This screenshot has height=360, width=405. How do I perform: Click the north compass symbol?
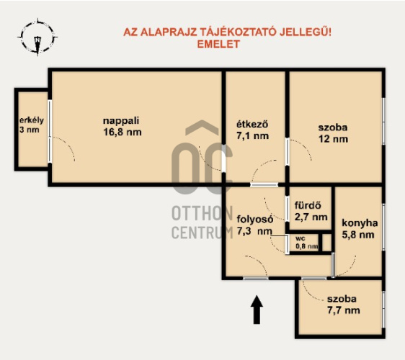(x=37, y=37)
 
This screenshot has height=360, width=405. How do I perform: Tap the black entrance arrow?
(x=257, y=310)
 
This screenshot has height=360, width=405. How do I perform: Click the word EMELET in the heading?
(x=218, y=44)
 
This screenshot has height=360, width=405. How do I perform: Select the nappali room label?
(x=121, y=121)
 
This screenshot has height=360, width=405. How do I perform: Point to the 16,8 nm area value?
(x=123, y=132)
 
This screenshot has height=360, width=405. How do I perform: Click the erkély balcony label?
(x=32, y=120)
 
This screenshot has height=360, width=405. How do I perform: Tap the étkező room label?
(x=253, y=124)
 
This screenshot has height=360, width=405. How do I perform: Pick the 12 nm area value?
(x=333, y=139)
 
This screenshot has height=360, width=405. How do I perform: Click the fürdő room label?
(x=308, y=205)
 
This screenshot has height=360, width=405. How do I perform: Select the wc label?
(x=301, y=238)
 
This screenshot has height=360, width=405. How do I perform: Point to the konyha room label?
(x=360, y=222)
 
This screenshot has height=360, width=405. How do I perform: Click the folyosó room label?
(x=255, y=219)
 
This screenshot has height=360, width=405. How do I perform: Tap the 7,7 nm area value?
(x=344, y=310)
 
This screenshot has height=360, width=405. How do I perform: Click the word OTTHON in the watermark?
(x=202, y=213)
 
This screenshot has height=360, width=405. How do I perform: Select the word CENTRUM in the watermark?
(x=202, y=232)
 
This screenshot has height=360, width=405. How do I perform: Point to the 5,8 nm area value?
(x=358, y=235)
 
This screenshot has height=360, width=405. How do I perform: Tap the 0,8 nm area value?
(x=307, y=246)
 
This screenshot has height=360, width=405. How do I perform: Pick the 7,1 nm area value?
(x=253, y=136)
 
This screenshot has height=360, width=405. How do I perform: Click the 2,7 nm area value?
(x=311, y=217)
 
